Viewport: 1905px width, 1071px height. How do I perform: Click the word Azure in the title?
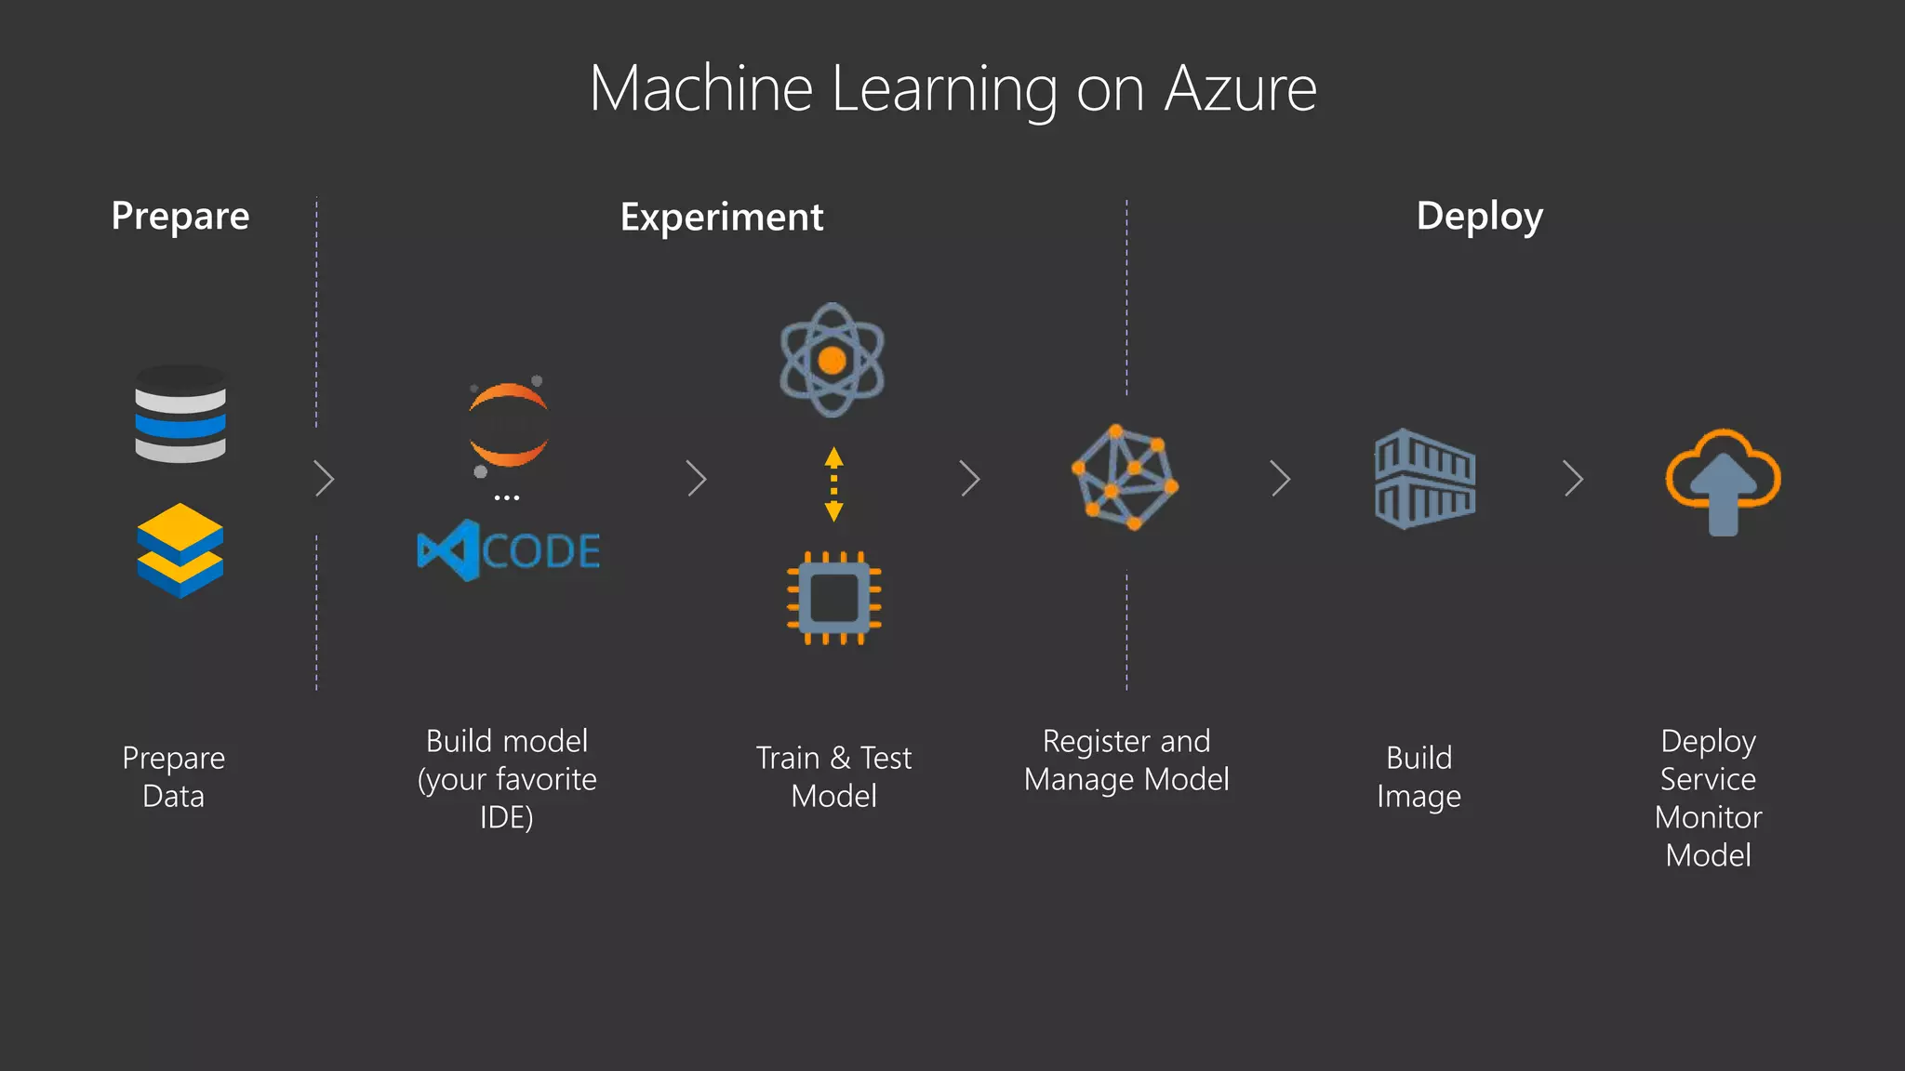(1240, 89)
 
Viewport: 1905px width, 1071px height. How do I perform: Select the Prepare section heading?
(180, 217)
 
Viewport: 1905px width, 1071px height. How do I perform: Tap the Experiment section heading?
(722, 218)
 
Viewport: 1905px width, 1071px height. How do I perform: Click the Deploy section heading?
(1479, 217)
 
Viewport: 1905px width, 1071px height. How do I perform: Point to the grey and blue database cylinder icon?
(180, 415)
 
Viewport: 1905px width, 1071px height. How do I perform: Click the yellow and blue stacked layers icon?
(180, 550)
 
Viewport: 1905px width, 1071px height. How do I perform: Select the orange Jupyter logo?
(508, 426)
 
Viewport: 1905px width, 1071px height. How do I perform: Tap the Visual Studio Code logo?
(508, 550)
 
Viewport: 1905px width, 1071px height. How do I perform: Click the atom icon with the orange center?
(833, 360)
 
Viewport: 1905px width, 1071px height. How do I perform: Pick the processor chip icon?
(834, 598)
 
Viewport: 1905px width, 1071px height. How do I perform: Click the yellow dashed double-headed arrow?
(834, 483)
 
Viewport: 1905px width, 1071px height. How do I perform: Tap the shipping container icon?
(1425, 479)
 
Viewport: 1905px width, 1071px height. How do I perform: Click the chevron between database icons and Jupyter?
(324, 479)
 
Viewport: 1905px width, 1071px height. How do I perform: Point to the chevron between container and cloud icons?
(1573, 479)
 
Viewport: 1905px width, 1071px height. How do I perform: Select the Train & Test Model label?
(833, 776)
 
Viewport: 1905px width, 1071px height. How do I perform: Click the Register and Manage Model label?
(1126, 760)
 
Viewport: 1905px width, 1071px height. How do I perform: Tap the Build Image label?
(1419, 776)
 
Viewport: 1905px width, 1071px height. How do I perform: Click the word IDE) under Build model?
(507, 817)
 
